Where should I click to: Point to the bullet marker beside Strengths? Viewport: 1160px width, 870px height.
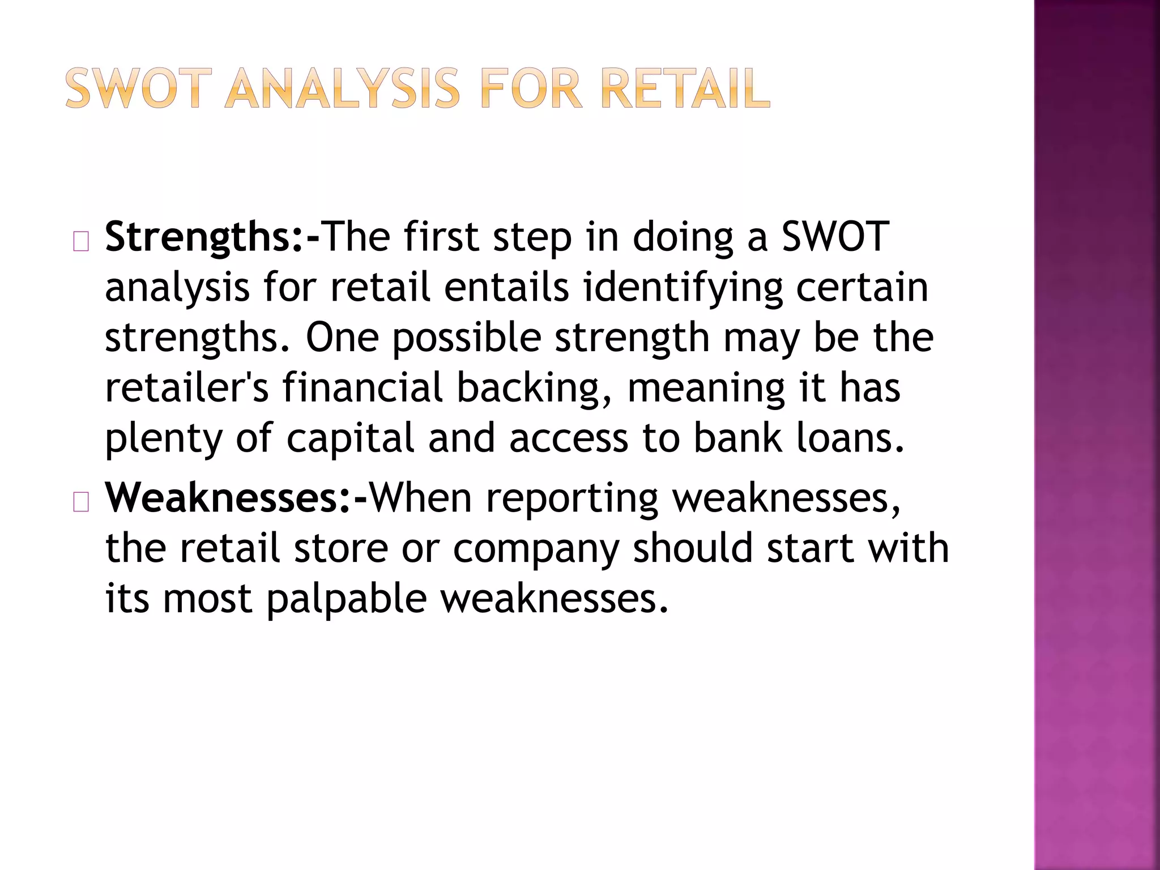81,242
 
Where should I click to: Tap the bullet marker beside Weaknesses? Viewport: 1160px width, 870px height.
81,502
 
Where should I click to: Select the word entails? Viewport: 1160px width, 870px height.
506,287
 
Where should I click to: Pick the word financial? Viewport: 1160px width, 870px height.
362,388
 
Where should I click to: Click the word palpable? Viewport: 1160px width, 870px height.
346,599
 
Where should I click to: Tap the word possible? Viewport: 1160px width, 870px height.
467,338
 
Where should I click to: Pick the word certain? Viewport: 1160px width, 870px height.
862,287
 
